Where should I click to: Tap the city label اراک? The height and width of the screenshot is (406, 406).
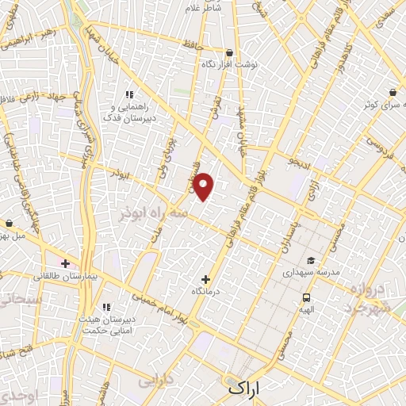(243, 389)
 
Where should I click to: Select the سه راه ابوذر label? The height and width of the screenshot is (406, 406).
(154, 214)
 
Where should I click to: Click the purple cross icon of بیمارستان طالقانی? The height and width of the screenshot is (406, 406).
(65, 263)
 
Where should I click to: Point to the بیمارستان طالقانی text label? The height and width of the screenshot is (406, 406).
(67, 277)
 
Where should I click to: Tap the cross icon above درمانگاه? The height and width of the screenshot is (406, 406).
(206, 279)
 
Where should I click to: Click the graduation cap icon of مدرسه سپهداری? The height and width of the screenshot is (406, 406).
(310, 260)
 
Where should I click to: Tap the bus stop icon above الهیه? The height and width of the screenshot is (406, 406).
(306, 297)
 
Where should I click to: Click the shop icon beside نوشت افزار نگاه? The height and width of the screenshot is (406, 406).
(229, 53)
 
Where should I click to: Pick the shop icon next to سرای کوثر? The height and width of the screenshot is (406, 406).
(394, 92)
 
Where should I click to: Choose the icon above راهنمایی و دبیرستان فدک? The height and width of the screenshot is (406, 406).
(129, 94)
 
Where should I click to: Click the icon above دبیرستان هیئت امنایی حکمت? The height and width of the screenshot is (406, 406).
(106, 307)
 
